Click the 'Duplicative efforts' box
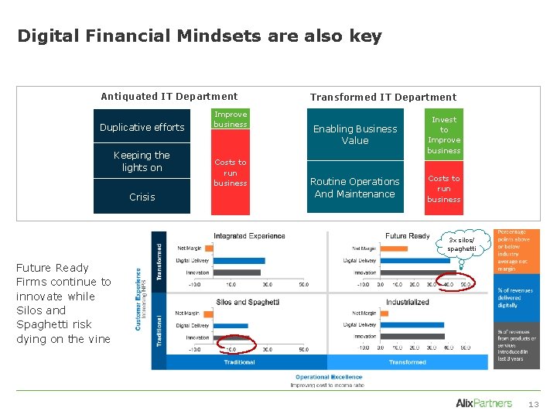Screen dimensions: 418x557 [x=142, y=127]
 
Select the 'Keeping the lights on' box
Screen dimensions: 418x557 [x=142, y=161]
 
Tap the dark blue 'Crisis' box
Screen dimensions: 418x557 [x=142, y=197]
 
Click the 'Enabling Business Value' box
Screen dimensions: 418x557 [x=355, y=135]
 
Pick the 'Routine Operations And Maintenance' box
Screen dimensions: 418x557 [x=355, y=187]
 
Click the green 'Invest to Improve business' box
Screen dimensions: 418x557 [x=444, y=135]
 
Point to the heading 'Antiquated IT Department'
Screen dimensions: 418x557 [x=169, y=96]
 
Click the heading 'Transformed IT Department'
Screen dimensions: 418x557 [x=383, y=97]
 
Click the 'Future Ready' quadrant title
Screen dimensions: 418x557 [x=407, y=235]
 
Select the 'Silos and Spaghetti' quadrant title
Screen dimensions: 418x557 [x=248, y=301]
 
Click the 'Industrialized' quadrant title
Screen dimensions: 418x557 [x=408, y=301]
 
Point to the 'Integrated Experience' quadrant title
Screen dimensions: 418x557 [x=249, y=235]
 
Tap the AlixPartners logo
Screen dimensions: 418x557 [x=484, y=403]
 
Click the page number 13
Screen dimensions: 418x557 [x=533, y=404]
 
